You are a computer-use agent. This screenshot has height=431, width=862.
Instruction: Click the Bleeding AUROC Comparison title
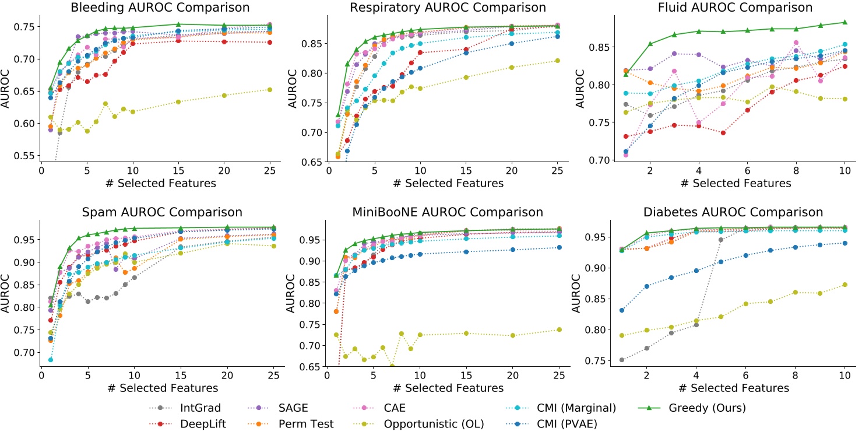click(160, 8)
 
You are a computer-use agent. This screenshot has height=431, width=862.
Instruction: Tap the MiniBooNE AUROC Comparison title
click(447, 212)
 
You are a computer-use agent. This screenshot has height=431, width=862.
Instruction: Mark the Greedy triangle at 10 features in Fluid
click(845, 23)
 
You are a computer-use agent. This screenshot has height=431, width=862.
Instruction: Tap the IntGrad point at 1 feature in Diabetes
click(622, 360)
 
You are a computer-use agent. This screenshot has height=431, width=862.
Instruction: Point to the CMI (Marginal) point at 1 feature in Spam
click(50, 360)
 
